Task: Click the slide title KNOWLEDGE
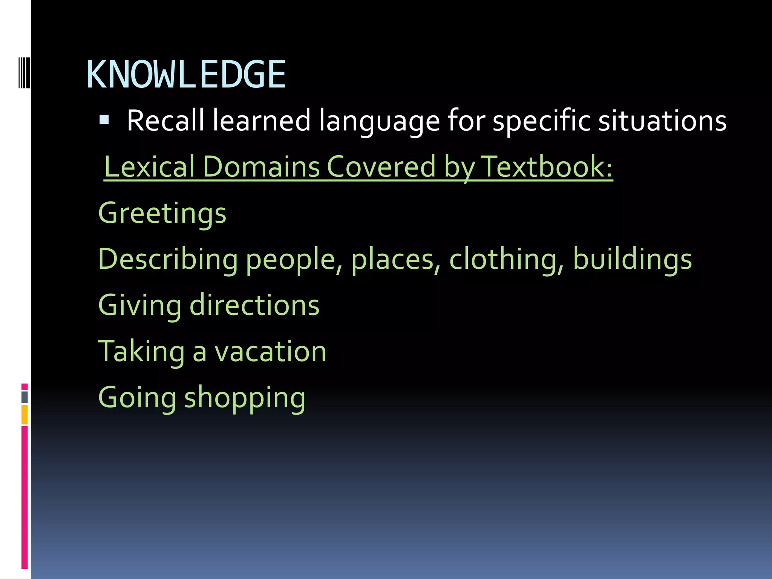(x=186, y=75)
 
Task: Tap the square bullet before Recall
(x=104, y=120)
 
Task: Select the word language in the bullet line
(x=379, y=121)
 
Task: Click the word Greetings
(x=162, y=213)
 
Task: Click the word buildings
(x=632, y=260)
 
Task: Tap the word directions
(x=254, y=305)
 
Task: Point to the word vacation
(x=270, y=351)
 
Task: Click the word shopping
(x=245, y=398)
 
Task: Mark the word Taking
(x=141, y=351)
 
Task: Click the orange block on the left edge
(x=25, y=414)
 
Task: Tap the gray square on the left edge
(x=25, y=397)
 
